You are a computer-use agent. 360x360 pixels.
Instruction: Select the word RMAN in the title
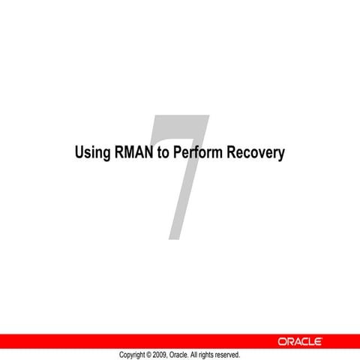click(133, 153)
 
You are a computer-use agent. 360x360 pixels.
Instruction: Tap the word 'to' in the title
click(163, 153)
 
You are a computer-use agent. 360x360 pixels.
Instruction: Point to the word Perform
click(196, 153)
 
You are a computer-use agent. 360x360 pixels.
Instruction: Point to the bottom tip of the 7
click(175, 238)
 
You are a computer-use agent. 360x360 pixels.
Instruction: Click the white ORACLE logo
click(300, 341)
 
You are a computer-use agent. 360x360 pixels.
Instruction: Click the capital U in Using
click(79, 153)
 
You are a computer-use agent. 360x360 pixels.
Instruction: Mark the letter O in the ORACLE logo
click(281, 341)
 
